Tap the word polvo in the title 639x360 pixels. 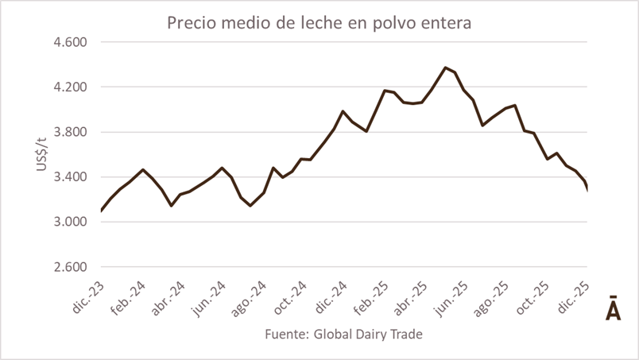click(385, 23)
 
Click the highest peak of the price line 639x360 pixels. click(445, 68)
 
